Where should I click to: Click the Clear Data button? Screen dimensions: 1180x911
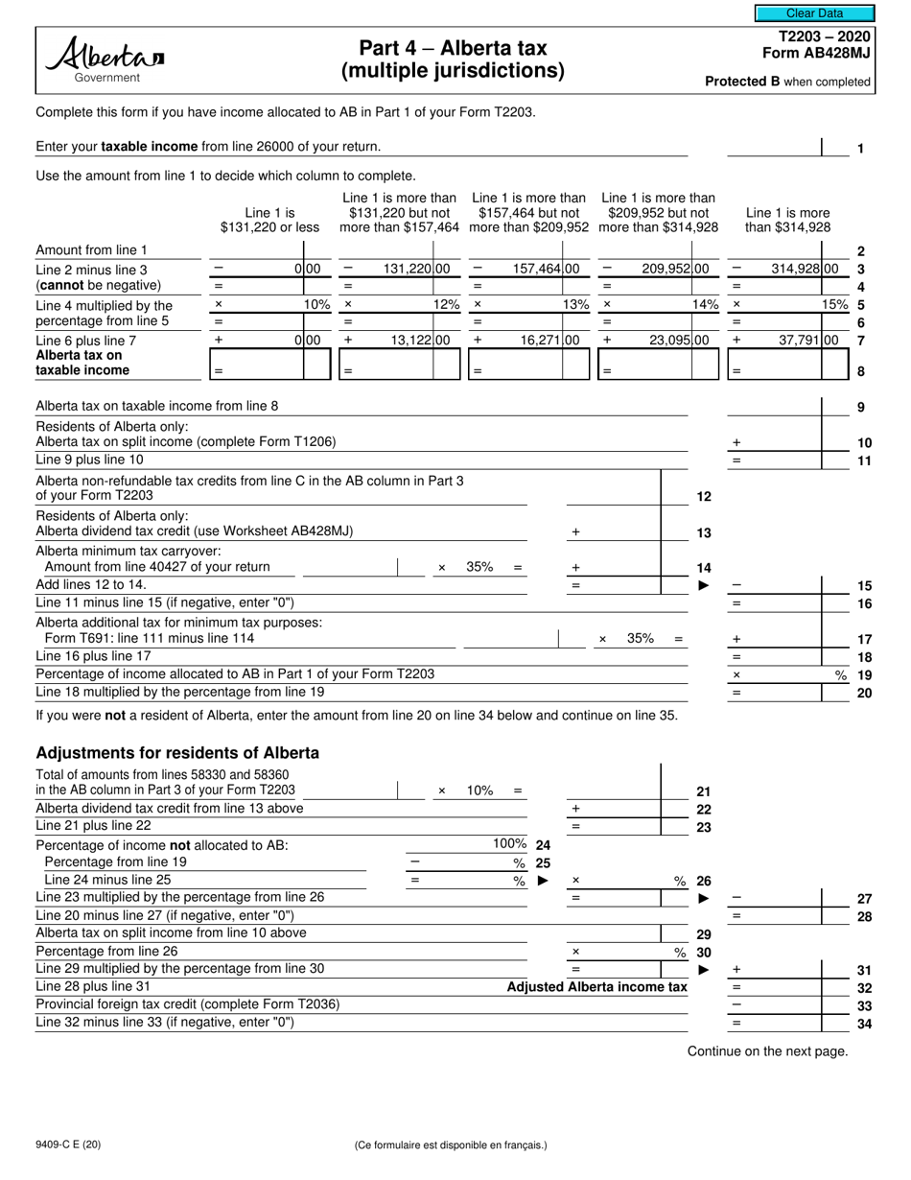pyautogui.click(x=814, y=13)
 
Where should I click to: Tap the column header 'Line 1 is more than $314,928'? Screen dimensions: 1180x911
pyautogui.click(x=787, y=220)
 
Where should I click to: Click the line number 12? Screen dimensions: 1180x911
pyautogui.click(x=704, y=496)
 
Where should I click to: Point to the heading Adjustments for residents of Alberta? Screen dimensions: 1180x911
pyautogui.click(x=177, y=753)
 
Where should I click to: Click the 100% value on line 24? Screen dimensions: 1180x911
pyautogui.click(x=509, y=843)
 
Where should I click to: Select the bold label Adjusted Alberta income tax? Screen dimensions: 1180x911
pyautogui.click(x=596, y=986)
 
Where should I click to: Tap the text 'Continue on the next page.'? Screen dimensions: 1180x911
pyautogui.click(x=767, y=1051)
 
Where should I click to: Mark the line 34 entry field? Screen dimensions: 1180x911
pyautogui.click(x=787, y=1023)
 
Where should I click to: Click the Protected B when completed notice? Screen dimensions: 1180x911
pyautogui.click(x=787, y=83)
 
